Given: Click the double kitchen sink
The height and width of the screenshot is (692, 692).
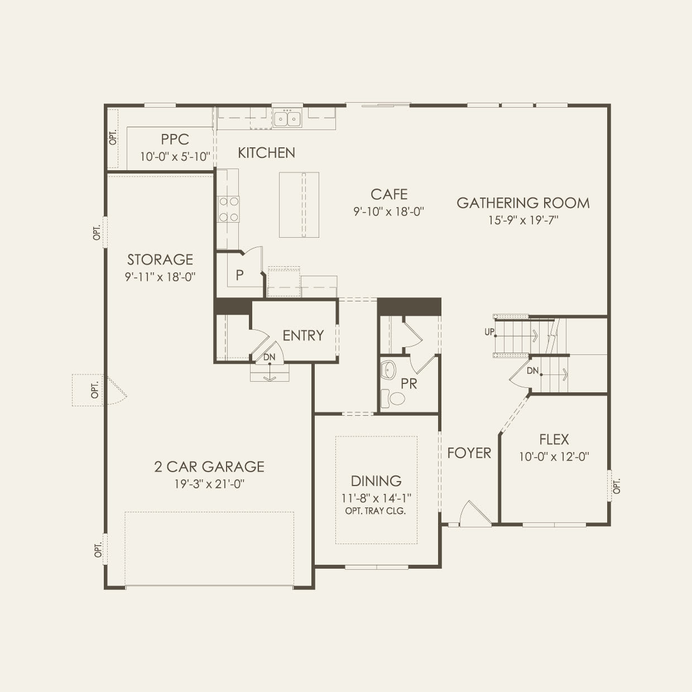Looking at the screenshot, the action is [x=287, y=118].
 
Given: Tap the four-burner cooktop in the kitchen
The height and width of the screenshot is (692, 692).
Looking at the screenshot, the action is [x=228, y=209].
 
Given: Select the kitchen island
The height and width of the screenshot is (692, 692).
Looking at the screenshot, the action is [x=299, y=205].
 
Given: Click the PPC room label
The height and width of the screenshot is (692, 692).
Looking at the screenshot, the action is [x=175, y=139].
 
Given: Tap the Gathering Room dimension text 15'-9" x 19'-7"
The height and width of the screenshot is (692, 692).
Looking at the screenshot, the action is [x=523, y=220].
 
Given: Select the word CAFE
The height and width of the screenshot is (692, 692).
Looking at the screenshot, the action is [x=389, y=194].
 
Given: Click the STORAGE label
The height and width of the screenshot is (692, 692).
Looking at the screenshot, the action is [x=160, y=259].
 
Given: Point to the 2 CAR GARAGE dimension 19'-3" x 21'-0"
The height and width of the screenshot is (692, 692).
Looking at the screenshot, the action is [x=209, y=484].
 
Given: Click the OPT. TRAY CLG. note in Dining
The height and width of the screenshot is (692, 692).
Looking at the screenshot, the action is [x=376, y=511].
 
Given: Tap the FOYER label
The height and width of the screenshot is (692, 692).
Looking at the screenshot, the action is [x=469, y=453].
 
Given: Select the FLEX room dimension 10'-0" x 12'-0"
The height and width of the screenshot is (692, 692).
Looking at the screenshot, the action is [x=554, y=456].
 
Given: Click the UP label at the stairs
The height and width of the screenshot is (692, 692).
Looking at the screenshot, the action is [x=489, y=332].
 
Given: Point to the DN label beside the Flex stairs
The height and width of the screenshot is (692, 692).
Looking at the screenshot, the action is [x=532, y=370].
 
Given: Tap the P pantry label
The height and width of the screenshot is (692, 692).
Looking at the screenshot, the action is [x=239, y=275].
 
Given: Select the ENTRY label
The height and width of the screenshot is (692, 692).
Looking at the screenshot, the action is [x=303, y=335].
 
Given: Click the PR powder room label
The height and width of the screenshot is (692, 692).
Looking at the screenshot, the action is [x=409, y=384].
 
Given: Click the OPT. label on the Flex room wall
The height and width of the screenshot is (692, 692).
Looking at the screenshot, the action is [x=617, y=486].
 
